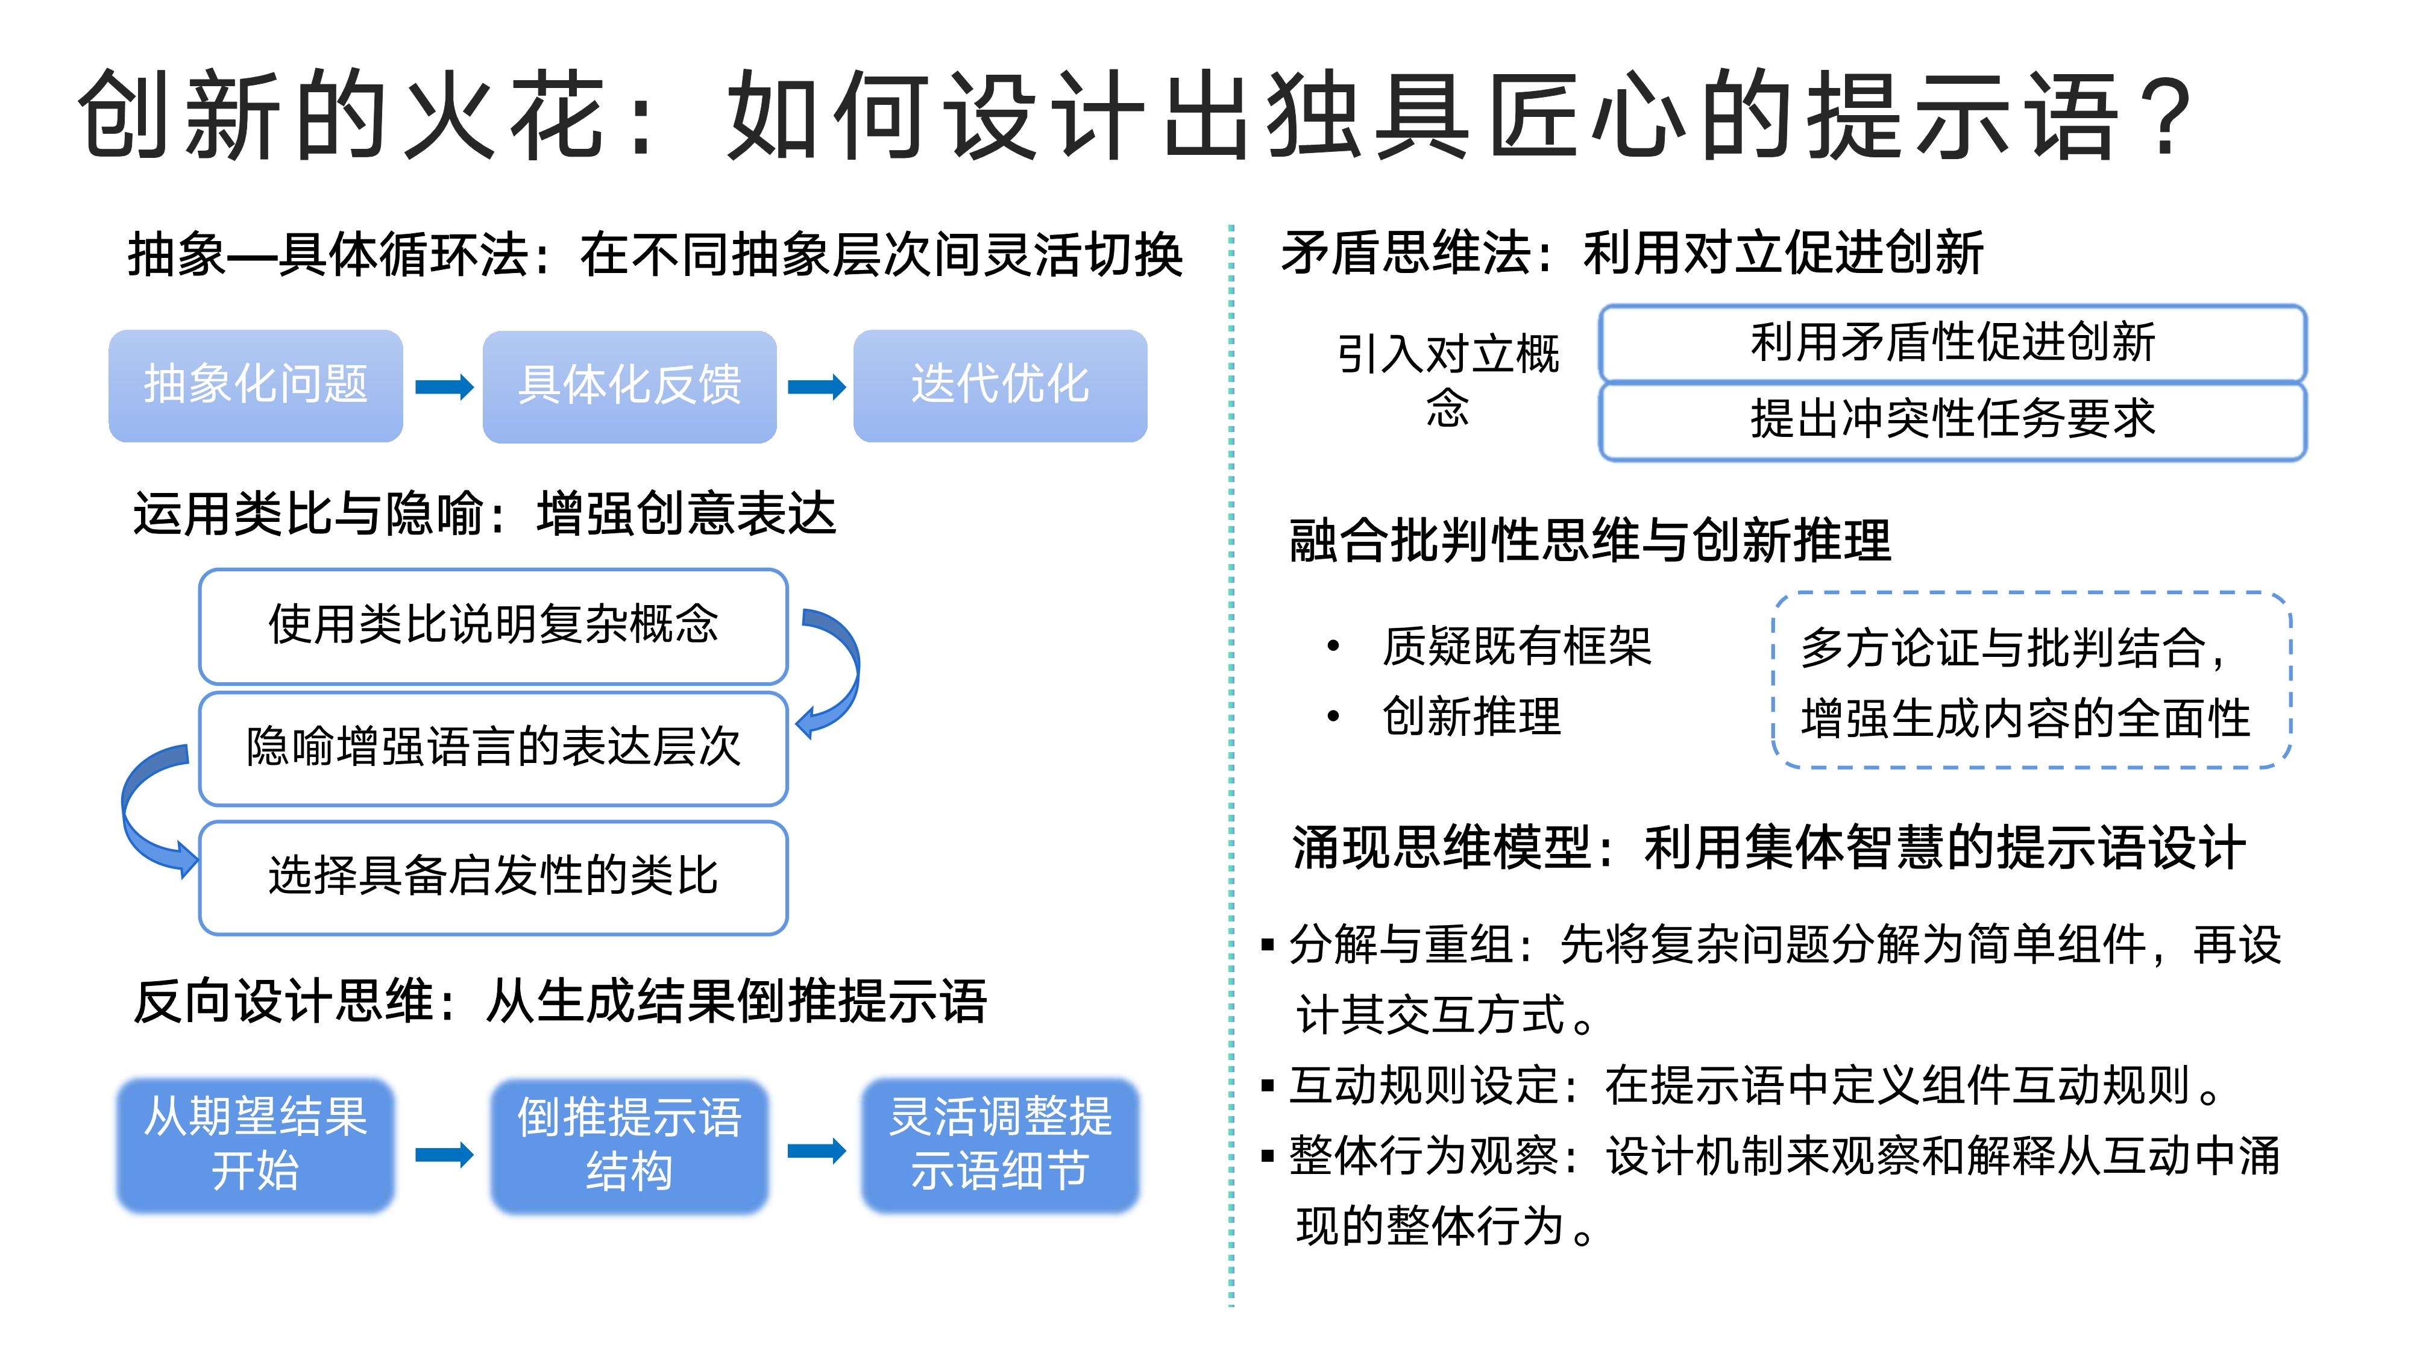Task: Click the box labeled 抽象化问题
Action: (x=256, y=386)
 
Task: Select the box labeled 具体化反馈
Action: (x=629, y=386)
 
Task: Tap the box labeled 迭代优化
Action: (x=999, y=386)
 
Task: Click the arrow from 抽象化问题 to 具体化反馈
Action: (x=444, y=386)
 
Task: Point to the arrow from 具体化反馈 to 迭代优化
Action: (x=816, y=386)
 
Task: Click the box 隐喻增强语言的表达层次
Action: (x=493, y=749)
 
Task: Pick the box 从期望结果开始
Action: (x=256, y=1146)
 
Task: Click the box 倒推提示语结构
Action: (x=629, y=1146)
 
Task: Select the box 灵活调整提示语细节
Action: (x=999, y=1146)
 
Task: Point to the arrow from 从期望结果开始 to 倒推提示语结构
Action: (x=444, y=1154)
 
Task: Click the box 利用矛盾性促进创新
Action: (x=1952, y=342)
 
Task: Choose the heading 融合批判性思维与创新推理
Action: (x=1590, y=541)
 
